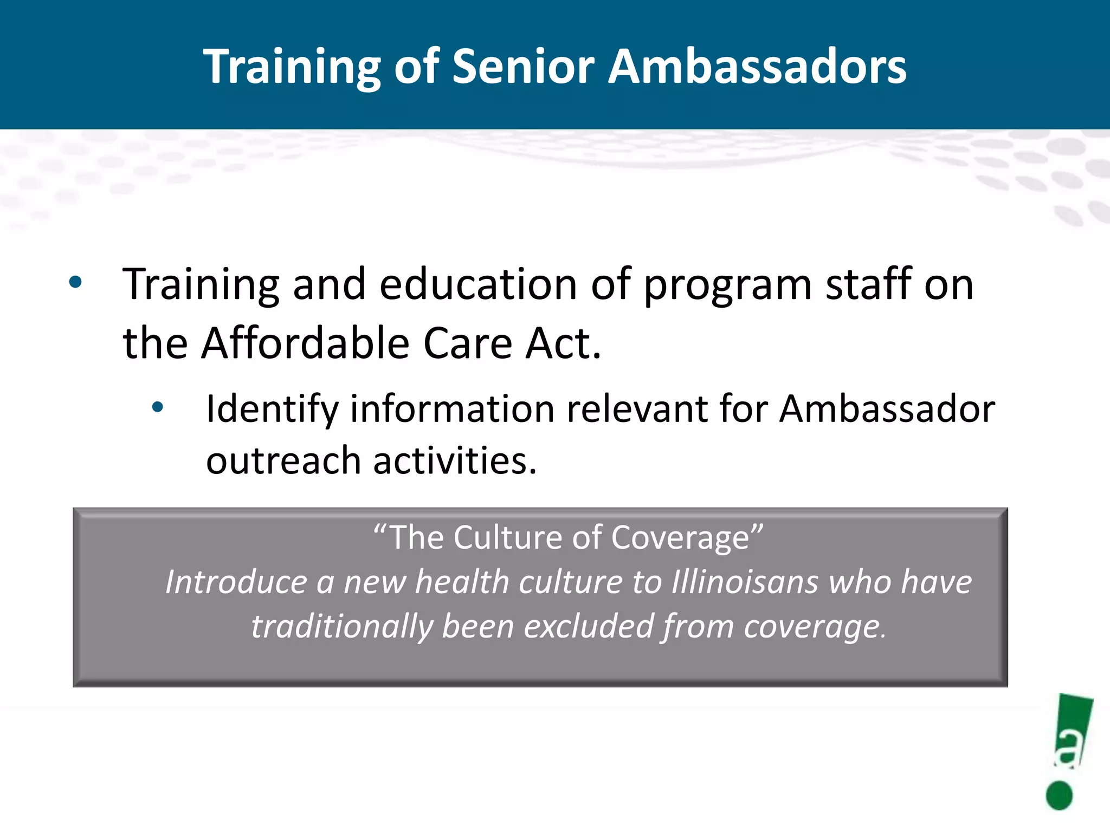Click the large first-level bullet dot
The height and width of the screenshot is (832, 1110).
[75, 282]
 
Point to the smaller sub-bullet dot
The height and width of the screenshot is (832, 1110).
[157, 407]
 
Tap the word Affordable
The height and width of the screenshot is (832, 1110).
[305, 343]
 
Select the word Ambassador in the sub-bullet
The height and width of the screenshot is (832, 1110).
[887, 409]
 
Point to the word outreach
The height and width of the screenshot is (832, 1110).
[283, 461]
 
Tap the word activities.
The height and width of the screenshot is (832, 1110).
[455, 461]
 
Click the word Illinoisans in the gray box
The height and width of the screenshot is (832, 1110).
[745, 582]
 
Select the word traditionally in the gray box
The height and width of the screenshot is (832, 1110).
[341, 627]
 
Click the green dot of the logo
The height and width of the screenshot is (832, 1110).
[1059, 795]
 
